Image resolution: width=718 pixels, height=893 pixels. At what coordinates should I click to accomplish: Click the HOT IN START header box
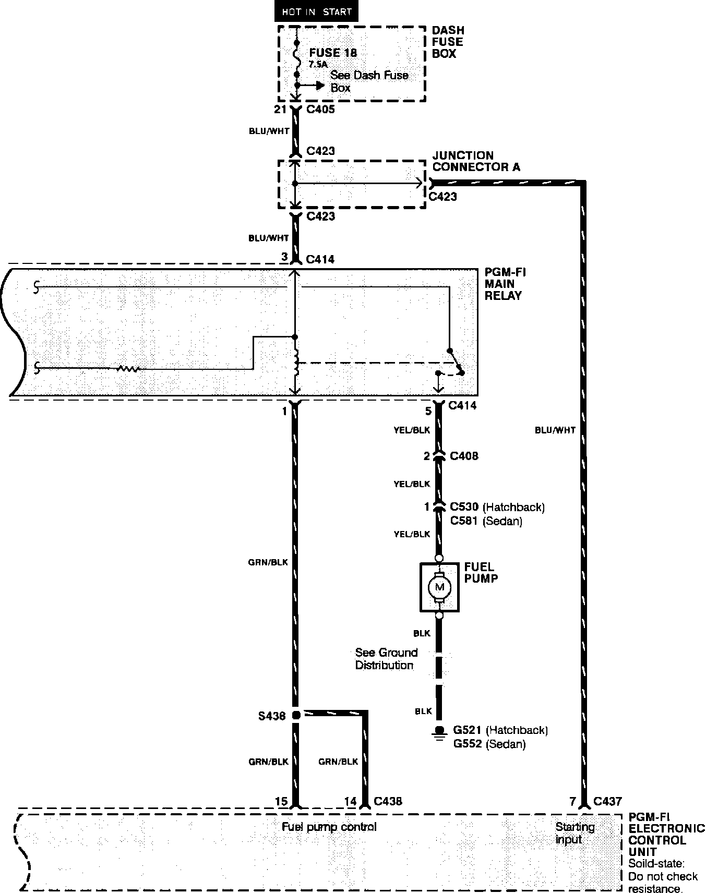point(316,11)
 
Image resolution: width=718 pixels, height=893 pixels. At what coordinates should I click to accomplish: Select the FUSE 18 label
point(333,53)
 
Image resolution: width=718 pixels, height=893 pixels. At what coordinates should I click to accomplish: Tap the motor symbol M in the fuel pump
point(439,587)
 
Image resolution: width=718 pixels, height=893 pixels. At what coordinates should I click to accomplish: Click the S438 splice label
point(272,716)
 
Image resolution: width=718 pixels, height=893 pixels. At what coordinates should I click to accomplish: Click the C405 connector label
point(320,110)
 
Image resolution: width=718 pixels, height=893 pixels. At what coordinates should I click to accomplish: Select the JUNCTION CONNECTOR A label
point(476,161)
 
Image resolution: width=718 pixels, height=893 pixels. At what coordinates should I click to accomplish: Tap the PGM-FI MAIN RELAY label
point(503,284)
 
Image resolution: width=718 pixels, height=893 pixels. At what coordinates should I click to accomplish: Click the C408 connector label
point(464,456)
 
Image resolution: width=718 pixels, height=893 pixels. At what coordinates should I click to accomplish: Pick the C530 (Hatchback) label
point(497,507)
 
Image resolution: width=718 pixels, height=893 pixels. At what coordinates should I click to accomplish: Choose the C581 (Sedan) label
point(486,521)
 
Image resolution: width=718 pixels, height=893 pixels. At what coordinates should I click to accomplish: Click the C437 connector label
point(607,801)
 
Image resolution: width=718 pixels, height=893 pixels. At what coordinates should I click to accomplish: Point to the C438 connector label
point(388,801)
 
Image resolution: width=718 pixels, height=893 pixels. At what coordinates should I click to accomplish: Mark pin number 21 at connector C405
point(281,110)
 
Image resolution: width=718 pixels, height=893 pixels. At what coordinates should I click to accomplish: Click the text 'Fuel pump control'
point(329,827)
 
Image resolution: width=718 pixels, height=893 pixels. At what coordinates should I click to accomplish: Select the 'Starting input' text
point(575,833)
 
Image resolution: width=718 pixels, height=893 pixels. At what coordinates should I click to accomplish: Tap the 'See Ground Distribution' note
point(386,659)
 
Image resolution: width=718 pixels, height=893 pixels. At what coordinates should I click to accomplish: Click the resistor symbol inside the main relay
point(128,369)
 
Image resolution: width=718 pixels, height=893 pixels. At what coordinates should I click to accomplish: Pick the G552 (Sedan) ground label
point(489,744)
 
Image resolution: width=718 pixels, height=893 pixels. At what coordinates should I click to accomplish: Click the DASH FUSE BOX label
point(448,42)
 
